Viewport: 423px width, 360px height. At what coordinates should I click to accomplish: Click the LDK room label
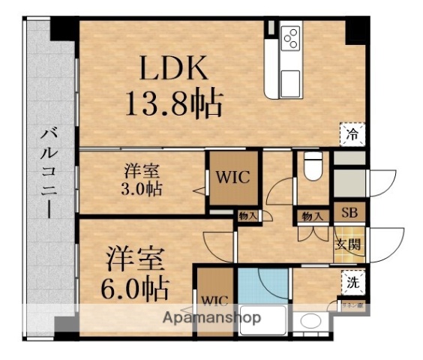tap(172, 70)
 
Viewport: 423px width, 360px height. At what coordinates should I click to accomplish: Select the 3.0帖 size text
tap(141, 188)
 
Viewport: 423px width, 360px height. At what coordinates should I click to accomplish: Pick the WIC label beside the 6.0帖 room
tap(214, 301)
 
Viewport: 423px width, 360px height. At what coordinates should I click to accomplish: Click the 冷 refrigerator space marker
tap(351, 135)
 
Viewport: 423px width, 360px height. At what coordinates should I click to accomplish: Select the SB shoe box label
tap(349, 212)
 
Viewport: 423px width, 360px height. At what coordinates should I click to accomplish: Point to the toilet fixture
tap(312, 166)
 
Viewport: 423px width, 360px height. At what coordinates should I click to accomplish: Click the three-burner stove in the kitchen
tap(290, 37)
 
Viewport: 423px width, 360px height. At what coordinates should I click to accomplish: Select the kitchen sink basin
tap(290, 79)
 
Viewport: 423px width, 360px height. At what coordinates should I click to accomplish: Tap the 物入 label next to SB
tap(312, 217)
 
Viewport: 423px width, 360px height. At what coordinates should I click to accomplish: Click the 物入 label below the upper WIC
tap(248, 217)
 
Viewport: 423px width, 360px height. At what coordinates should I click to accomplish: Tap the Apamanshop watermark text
tap(212, 318)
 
